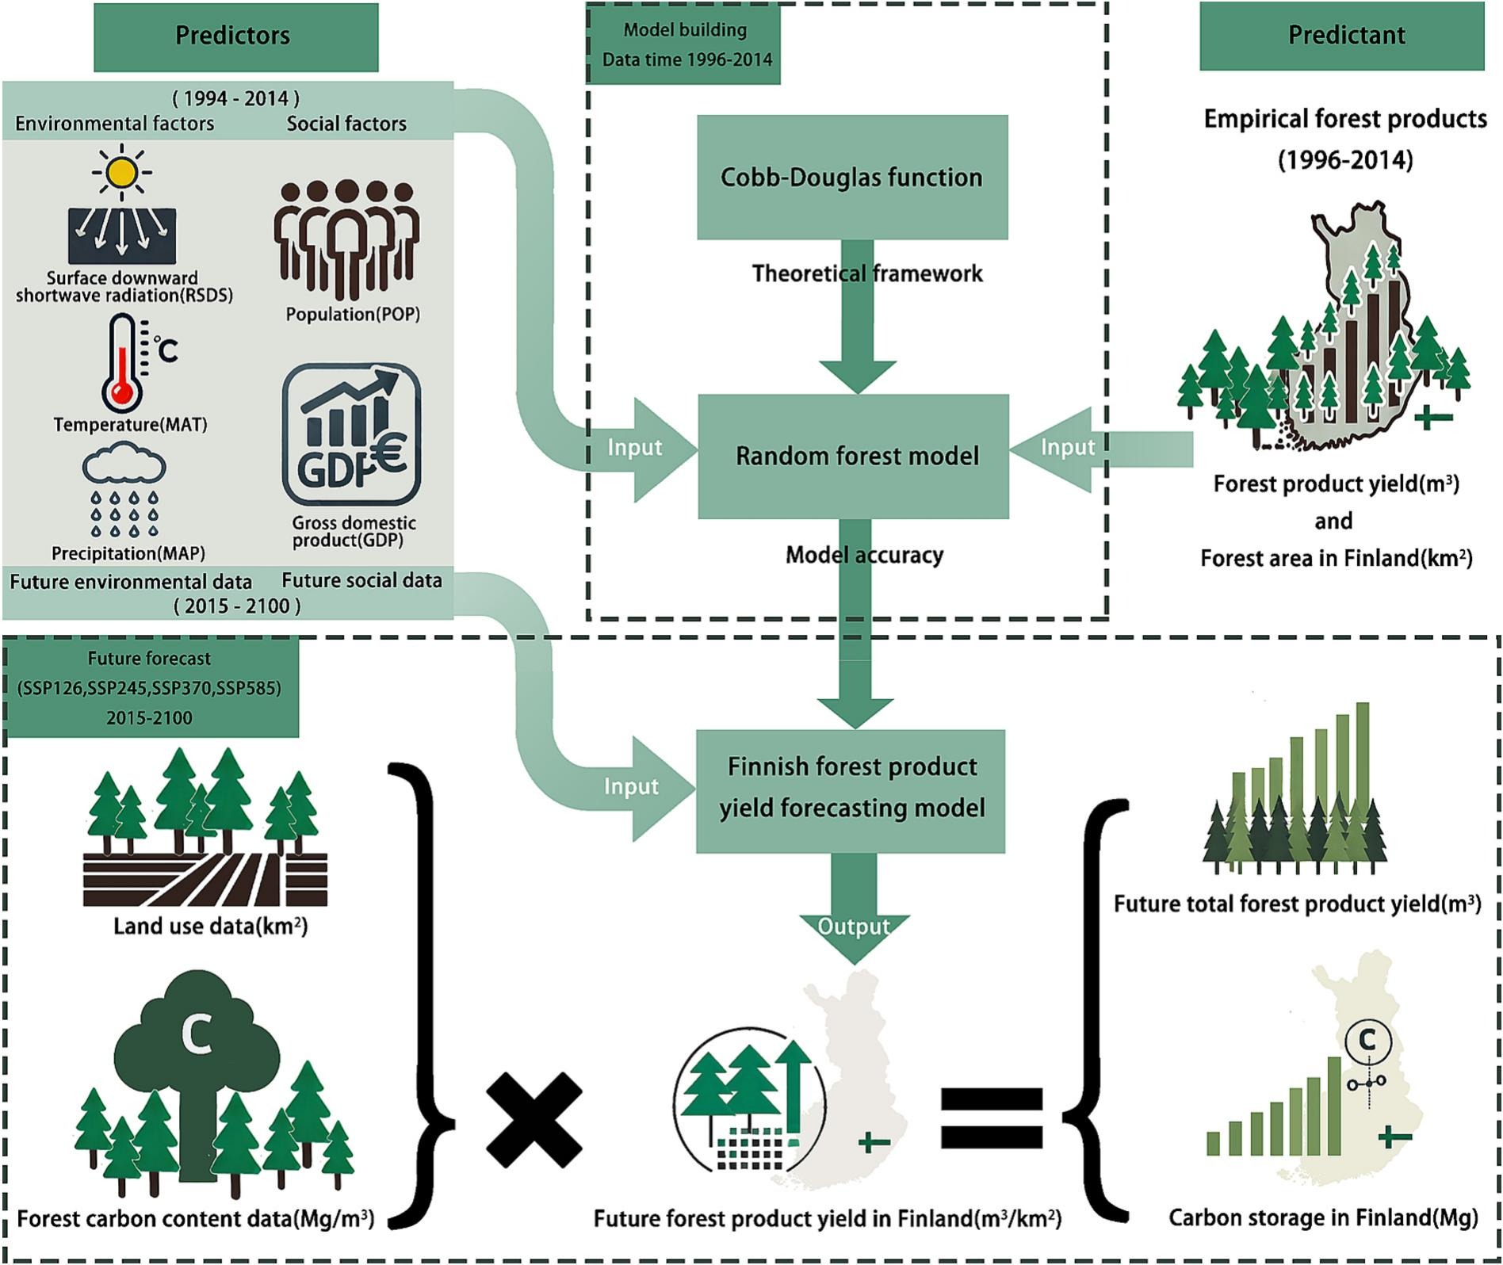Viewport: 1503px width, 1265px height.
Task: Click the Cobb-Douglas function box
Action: (852, 177)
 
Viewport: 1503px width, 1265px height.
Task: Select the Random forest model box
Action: (854, 456)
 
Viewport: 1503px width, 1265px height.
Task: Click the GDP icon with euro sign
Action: (351, 434)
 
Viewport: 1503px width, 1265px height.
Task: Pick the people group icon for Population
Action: (346, 239)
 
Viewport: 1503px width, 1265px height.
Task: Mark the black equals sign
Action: (991, 1118)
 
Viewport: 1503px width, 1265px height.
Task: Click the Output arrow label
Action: (853, 927)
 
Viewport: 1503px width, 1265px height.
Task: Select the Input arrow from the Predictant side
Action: (1066, 448)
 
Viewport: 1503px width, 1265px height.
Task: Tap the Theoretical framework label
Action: (866, 273)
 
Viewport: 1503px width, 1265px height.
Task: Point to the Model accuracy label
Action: (864, 555)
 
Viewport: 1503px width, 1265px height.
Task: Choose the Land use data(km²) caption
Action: (210, 926)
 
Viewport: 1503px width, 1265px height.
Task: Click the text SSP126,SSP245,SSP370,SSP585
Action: (149, 688)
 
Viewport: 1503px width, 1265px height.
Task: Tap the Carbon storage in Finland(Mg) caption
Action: (1322, 1218)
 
